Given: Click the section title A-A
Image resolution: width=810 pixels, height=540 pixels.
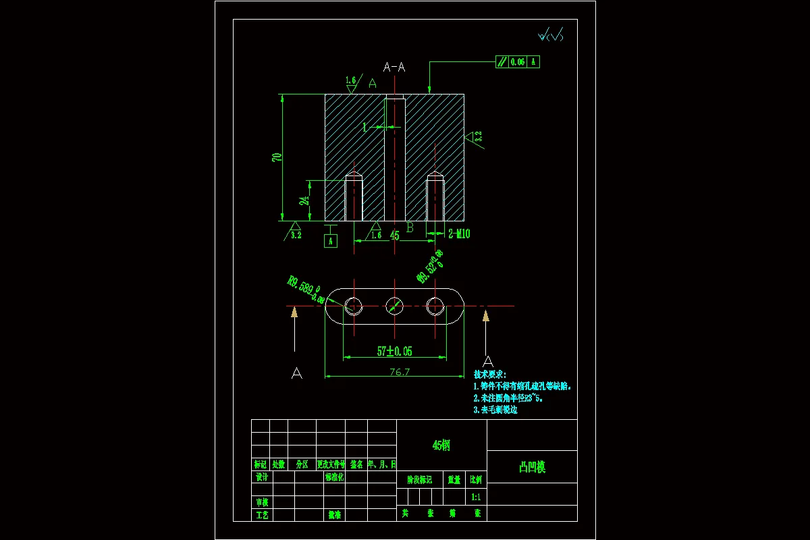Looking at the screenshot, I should (x=394, y=67).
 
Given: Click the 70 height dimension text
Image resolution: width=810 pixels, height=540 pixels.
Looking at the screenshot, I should (x=277, y=157).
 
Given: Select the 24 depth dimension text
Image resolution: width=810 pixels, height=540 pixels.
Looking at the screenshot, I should (x=305, y=200).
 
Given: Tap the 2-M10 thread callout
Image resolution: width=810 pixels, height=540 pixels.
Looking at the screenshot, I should (x=459, y=234).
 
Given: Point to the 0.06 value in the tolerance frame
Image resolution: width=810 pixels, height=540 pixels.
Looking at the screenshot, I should (x=518, y=62).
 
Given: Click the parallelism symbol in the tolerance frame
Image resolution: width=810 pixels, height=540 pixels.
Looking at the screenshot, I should (x=502, y=62).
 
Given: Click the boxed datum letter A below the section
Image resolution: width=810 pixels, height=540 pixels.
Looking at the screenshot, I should (x=330, y=241).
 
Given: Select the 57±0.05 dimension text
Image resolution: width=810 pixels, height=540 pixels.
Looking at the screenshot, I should (x=394, y=351).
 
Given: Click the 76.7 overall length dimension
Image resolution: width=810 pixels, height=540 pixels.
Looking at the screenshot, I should (x=400, y=372).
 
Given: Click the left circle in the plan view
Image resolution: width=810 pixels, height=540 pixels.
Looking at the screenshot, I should (x=354, y=306).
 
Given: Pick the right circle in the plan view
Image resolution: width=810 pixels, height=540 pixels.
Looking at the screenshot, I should (x=436, y=306).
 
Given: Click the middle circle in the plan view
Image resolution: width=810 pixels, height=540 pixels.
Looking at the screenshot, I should (x=395, y=306).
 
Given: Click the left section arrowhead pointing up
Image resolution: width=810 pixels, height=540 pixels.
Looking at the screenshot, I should (x=294, y=311).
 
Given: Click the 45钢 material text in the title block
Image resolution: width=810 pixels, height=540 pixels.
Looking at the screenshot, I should (x=441, y=446).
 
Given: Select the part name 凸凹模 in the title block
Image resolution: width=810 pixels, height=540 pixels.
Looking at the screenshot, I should (x=532, y=467).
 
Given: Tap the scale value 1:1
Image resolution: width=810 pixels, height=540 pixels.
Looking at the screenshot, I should (x=476, y=497).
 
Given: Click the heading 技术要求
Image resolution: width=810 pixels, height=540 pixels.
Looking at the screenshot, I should (x=489, y=374).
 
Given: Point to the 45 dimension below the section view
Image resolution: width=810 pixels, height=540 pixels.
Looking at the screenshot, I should (x=395, y=236).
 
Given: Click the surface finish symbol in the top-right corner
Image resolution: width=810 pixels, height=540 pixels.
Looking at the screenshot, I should (x=549, y=35).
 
